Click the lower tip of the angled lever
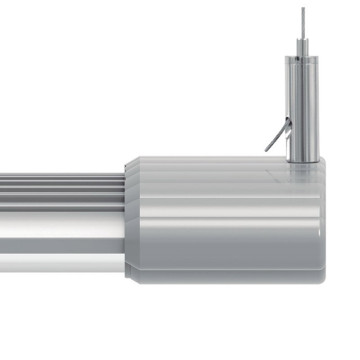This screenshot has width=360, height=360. tap(268, 149)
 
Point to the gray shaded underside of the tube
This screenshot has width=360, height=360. tap(60, 262)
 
